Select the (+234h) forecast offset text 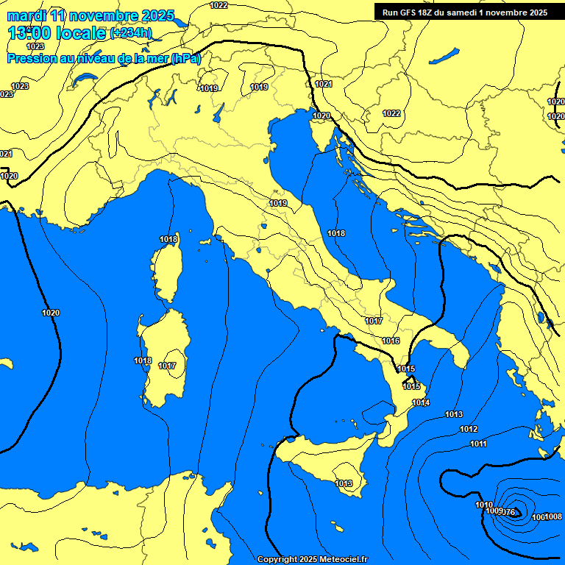coord(131,33)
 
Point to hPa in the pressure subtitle coord(185,58)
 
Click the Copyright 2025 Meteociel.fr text coord(312,559)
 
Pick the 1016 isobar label coord(391,341)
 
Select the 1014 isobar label coord(421,402)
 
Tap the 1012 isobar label coord(469,429)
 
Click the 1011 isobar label coord(478,444)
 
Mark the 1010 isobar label coord(484,505)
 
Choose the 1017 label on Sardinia coord(167,366)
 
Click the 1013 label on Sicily coord(344,483)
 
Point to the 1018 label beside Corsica coord(168,239)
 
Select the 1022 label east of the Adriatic coord(391,113)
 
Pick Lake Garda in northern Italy coord(218,113)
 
